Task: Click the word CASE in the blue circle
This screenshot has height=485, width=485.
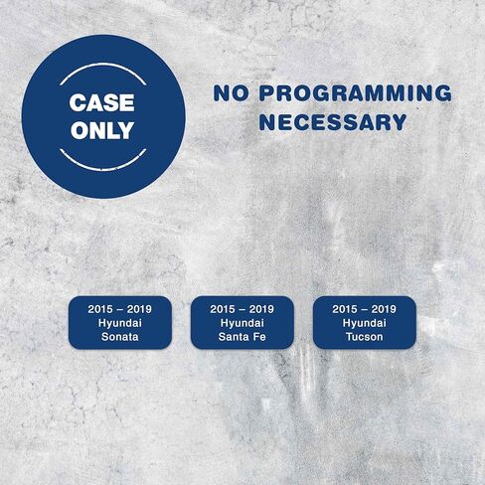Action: [x=102, y=102]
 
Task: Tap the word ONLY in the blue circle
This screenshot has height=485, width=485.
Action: [x=102, y=130]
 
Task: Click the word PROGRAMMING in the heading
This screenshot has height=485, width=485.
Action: [x=356, y=93]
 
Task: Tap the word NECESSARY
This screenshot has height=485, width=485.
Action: [x=333, y=122]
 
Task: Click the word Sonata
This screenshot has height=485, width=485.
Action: [x=120, y=337]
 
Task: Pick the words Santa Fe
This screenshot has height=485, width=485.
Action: [x=242, y=337]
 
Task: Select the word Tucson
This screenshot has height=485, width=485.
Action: [x=365, y=337]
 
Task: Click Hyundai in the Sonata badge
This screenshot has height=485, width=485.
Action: [x=120, y=323]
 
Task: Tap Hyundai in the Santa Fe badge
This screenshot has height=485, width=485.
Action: [x=242, y=323]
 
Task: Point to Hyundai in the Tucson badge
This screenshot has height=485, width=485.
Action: [x=365, y=323]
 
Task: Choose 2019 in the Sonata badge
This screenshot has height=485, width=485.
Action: [x=139, y=309]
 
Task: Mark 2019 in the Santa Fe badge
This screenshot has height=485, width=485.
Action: [x=261, y=309]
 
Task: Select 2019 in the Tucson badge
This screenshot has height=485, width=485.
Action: [x=384, y=309]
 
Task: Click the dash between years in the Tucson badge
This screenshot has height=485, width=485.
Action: [x=365, y=309]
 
